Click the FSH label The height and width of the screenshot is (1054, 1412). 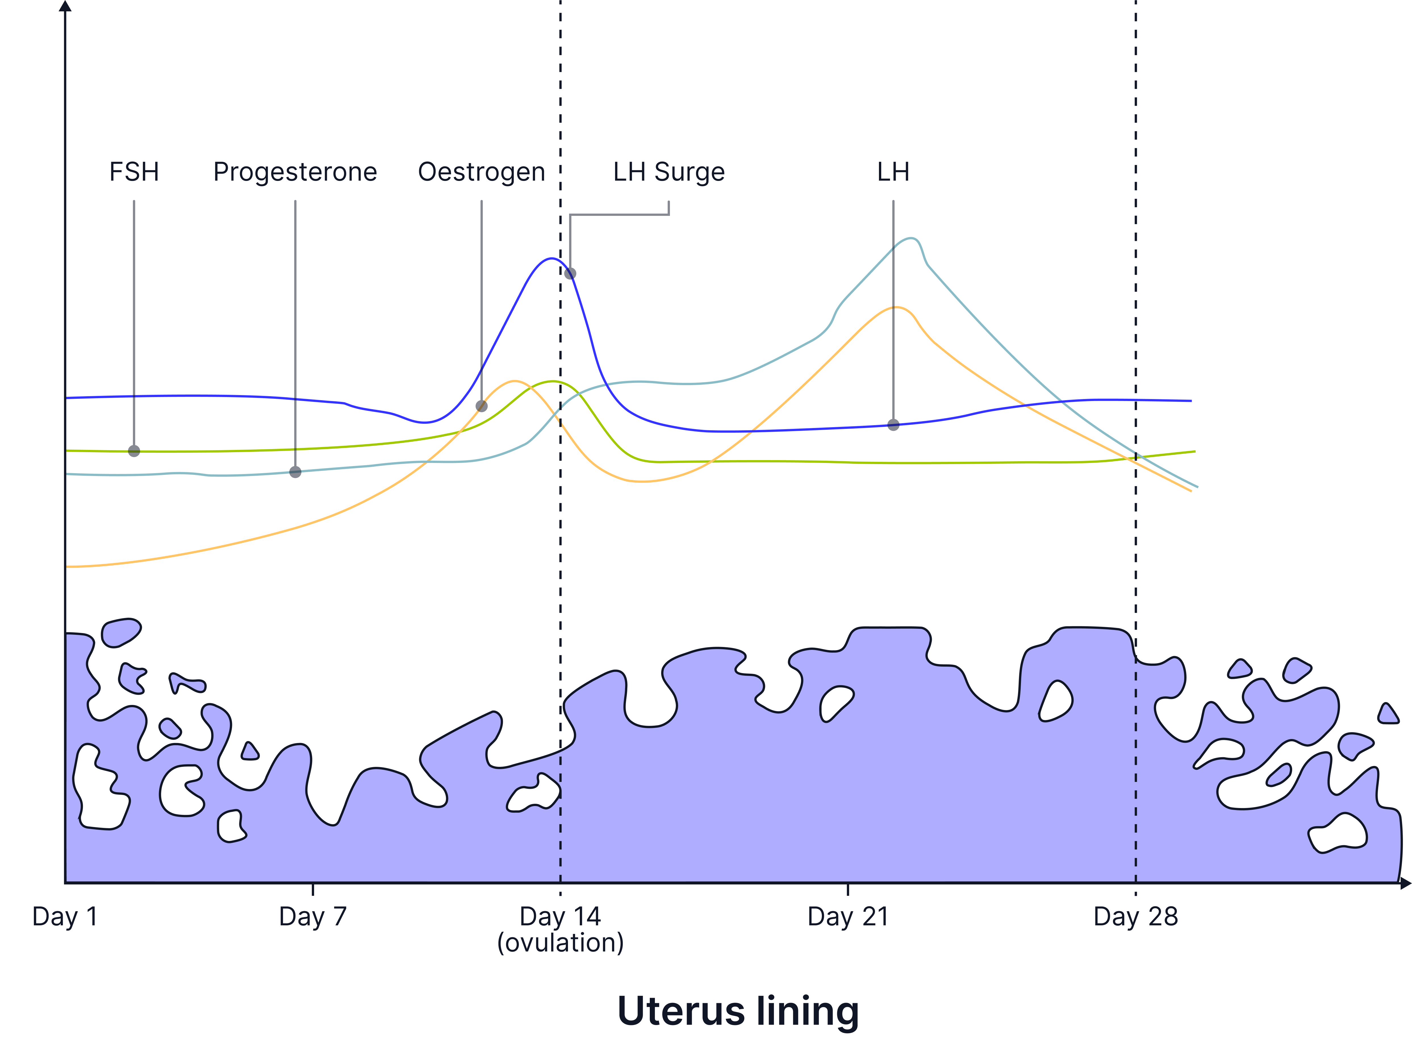pos(134,172)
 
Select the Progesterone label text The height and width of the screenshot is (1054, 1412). pos(295,172)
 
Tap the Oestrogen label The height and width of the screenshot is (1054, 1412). pos(482,172)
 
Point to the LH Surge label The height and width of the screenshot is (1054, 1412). pos(669,172)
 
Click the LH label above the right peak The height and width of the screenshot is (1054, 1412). pos(893,172)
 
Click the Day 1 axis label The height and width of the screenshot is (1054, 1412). pos(65,917)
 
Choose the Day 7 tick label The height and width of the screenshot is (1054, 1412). pos(312,917)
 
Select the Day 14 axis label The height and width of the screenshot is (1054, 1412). pos(560,917)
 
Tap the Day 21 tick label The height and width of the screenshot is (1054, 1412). pos(848,917)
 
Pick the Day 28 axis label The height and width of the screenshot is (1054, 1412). pos(1135,917)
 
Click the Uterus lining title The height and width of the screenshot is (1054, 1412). pos(738,1011)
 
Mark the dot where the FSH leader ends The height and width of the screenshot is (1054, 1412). pos(134,451)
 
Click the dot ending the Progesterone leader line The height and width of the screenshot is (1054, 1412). pos(295,472)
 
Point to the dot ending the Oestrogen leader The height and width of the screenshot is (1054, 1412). pos(482,406)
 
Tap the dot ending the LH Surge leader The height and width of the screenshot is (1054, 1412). pos(570,274)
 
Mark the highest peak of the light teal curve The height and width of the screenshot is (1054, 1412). pos(913,239)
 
